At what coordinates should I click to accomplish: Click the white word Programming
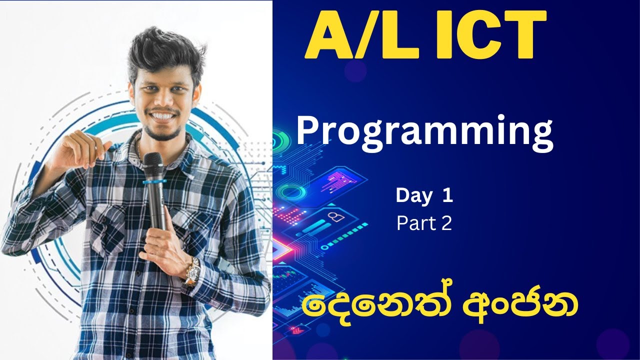coord(424,131)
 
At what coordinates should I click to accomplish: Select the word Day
coord(413,196)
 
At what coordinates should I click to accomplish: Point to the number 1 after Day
coord(446,196)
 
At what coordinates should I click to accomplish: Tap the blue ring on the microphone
coord(154,181)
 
